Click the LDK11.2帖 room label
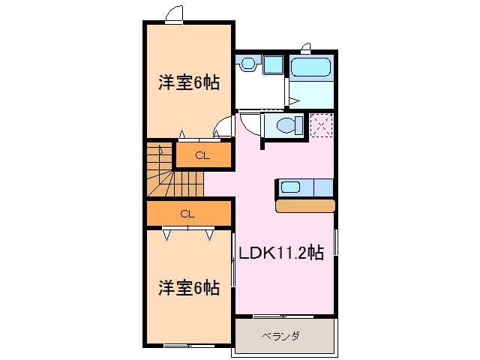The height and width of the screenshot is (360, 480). [x=281, y=253]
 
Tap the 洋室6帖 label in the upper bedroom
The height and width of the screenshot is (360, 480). [x=188, y=83]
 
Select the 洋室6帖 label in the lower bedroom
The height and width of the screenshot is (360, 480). [x=188, y=287]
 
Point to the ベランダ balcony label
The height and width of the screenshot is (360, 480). [x=281, y=336]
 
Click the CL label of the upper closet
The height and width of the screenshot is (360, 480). [x=202, y=155]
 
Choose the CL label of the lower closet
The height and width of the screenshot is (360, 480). [x=187, y=214]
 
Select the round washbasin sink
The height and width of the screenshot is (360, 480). [x=247, y=65]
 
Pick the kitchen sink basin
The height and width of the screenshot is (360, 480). [x=290, y=186]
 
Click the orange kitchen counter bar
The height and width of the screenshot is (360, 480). [x=305, y=205]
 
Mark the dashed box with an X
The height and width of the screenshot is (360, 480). [x=322, y=124]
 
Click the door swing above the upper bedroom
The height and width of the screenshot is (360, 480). [x=174, y=14]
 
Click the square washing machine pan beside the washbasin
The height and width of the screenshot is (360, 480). [x=272, y=64]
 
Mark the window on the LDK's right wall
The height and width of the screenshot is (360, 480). [x=336, y=252]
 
